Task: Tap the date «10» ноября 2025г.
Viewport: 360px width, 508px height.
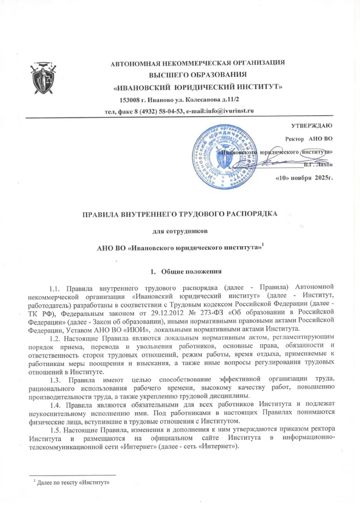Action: (x=304, y=178)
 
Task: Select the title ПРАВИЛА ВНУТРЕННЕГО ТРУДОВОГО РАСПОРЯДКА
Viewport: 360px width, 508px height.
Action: (x=179, y=214)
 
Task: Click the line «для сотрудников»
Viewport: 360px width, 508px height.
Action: (x=180, y=230)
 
